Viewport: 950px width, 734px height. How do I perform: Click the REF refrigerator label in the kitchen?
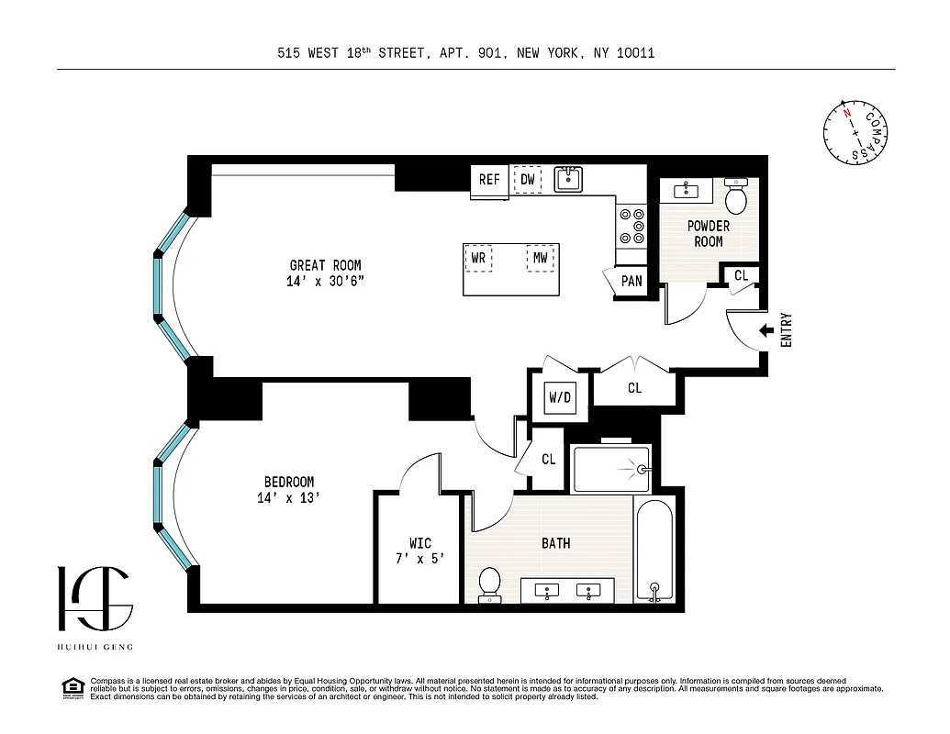pyautogui.click(x=489, y=180)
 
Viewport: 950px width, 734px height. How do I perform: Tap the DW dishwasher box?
pyautogui.click(x=527, y=180)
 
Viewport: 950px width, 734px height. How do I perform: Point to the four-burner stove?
pyautogui.click(x=631, y=225)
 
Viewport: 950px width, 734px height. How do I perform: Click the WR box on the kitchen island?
pyautogui.click(x=478, y=259)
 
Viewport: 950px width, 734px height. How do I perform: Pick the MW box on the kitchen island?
pyautogui.click(x=541, y=259)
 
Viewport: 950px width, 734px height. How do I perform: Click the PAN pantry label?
pyautogui.click(x=631, y=281)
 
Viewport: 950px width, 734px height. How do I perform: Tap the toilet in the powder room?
pyautogui.click(x=736, y=195)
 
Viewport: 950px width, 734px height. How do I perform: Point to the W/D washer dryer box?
pyautogui.click(x=559, y=398)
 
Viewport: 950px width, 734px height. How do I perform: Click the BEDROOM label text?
pyautogui.click(x=289, y=490)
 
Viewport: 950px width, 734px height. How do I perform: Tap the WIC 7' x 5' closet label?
pyautogui.click(x=419, y=550)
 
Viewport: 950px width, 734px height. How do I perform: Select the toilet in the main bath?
pyautogui.click(x=490, y=584)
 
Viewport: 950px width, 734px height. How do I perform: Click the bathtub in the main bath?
pyautogui.click(x=655, y=550)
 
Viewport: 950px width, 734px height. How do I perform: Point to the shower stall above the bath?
pyautogui.click(x=610, y=469)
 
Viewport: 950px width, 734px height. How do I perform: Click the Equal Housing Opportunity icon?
pyautogui.click(x=70, y=687)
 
